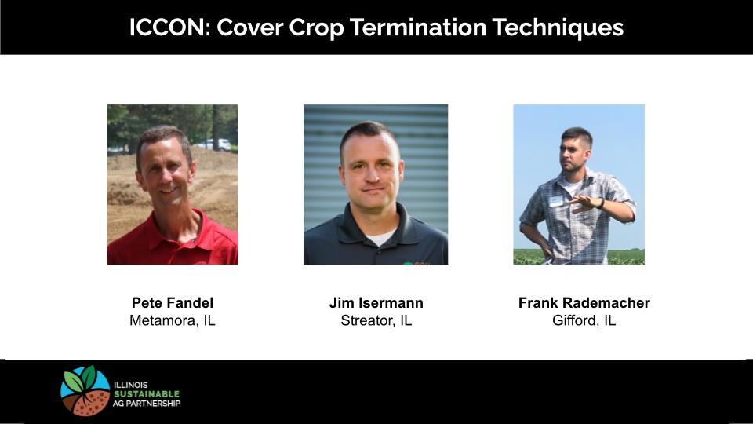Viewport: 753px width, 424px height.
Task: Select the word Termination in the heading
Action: (x=418, y=27)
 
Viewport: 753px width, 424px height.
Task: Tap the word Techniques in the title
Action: (x=558, y=28)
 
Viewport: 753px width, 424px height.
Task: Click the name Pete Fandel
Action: (x=173, y=303)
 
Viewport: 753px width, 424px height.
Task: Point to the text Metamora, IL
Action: (x=173, y=320)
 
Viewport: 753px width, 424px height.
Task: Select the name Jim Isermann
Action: (x=376, y=303)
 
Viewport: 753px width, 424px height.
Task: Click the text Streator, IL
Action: (x=376, y=320)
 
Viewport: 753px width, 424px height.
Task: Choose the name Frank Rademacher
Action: (x=584, y=303)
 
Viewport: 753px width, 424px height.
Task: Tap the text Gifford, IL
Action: (x=584, y=320)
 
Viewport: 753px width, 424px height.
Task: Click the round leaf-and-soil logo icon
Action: (x=85, y=391)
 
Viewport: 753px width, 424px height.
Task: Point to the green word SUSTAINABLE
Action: (x=147, y=394)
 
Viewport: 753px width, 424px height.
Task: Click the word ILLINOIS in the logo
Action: (x=131, y=385)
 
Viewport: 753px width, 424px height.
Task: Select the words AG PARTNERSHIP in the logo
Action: (x=147, y=404)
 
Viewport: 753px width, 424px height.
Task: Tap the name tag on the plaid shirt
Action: (x=556, y=200)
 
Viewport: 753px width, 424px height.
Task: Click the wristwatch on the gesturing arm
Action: (x=602, y=203)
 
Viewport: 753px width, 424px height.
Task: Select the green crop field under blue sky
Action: (x=579, y=257)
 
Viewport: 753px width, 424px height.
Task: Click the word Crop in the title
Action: (x=316, y=28)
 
